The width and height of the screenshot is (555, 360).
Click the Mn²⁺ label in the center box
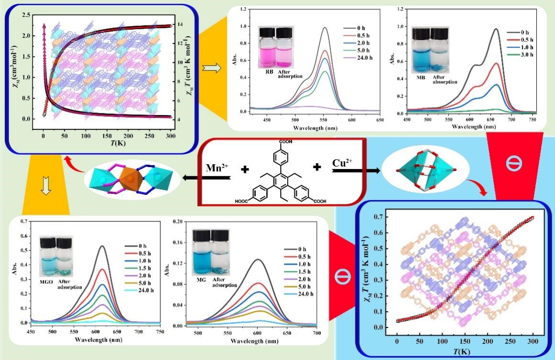[215, 169]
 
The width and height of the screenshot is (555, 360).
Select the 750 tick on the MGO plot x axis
[160, 331]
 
